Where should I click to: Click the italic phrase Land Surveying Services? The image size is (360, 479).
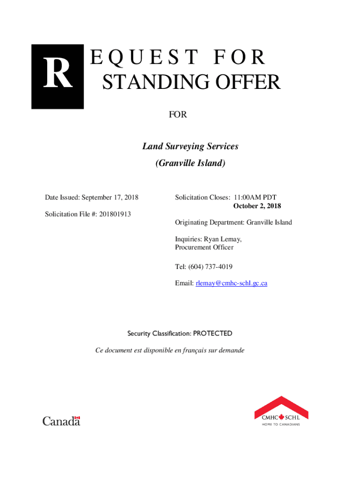pyautogui.click(x=190, y=146)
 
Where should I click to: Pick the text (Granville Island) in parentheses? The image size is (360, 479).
pyautogui.click(x=190, y=163)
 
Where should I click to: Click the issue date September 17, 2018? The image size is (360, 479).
pyautogui.click(x=112, y=197)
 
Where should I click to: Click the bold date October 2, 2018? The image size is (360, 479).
pyautogui.click(x=257, y=206)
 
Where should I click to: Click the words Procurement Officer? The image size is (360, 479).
pyautogui.click(x=204, y=247)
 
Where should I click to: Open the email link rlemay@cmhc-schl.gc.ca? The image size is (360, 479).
pyautogui.click(x=231, y=283)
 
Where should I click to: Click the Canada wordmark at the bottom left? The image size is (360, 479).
pyautogui.click(x=61, y=421)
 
